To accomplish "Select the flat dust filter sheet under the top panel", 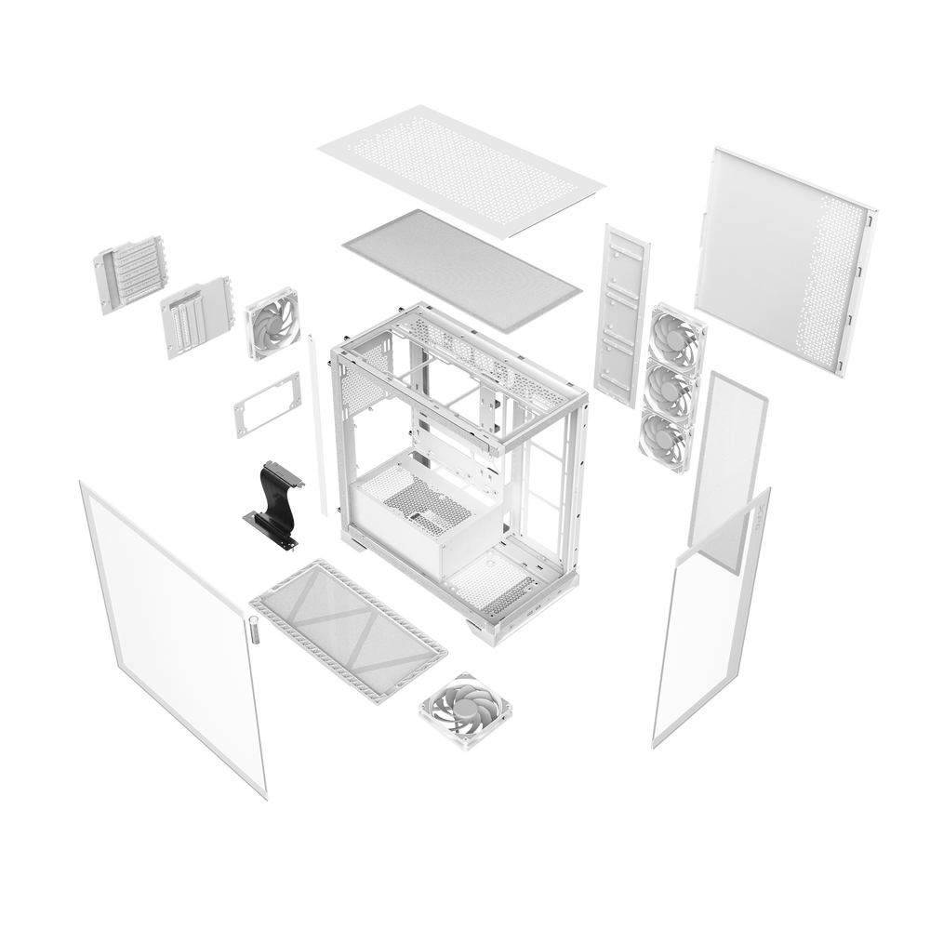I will [461, 271].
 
